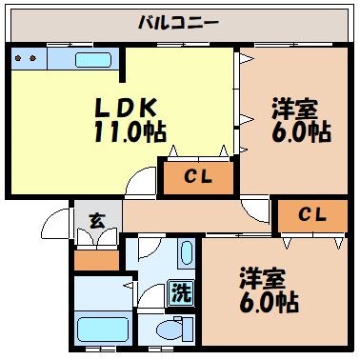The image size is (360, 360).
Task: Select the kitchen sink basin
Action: click(x=93, y=60)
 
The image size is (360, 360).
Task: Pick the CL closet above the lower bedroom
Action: click(x=311, y=215)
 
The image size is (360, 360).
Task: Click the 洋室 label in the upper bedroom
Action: click(x=294, y=107)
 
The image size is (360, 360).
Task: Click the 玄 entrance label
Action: click(x=96, y=222)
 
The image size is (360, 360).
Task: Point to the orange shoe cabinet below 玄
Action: click(x=95, y=258)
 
